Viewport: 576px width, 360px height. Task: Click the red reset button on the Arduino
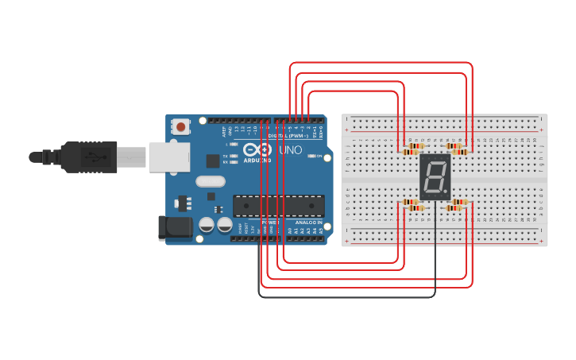[182, 126]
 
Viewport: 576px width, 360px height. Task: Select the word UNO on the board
[291, 149]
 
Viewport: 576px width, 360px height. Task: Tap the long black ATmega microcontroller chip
[278, 206]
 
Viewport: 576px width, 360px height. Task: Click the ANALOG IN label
[308, 223]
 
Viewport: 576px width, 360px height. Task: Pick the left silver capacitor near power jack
[206, 225]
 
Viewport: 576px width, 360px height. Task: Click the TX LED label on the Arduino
[226, 155]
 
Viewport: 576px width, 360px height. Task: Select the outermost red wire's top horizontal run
[381, 63]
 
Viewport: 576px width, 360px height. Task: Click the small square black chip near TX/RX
[213, 161]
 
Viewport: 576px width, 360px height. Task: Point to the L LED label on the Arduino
[227, 144]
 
